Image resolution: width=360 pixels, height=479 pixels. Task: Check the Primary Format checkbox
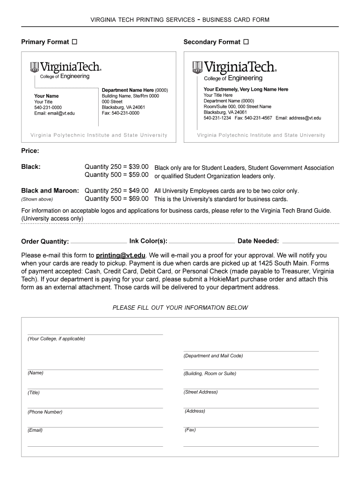point(74,42)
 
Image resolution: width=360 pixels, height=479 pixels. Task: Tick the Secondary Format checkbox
point(246,42)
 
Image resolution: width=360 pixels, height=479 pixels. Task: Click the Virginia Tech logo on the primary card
point(65,67)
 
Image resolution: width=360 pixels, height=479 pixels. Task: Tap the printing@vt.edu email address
point(121,255)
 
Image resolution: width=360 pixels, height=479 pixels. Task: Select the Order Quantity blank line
point(98,242)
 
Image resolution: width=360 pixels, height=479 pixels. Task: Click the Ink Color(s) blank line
point(202,242)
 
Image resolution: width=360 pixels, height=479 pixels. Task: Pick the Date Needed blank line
point(310,242)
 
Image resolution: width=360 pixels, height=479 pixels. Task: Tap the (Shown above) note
point(37,199)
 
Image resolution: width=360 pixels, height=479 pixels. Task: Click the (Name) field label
point(36,373)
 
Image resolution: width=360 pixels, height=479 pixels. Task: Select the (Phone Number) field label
point(45,412)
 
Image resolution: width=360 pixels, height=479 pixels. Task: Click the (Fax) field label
point(190,429)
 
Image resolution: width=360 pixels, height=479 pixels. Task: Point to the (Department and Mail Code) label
point(213,356)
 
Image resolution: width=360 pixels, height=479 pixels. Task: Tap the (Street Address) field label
point(201,392)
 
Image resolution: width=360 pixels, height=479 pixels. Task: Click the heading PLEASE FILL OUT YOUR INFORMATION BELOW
point(180,308)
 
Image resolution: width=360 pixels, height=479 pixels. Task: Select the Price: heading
point(30,151)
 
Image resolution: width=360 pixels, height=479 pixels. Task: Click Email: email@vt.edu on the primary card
point(54,113)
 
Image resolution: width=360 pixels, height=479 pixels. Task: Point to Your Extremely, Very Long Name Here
point(246,89)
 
